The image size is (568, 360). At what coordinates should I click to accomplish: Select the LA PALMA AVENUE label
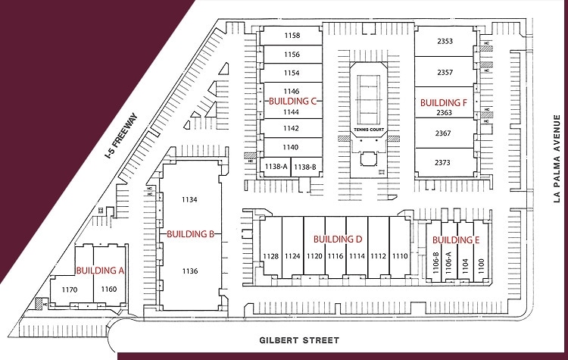pos(556,160)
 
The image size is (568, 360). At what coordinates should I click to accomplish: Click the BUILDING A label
pos(99,271)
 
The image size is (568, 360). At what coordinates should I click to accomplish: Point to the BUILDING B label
pos(190,234)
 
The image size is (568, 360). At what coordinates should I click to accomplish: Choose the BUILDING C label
pos(292,101)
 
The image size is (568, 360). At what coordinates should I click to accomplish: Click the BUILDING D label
pos(338,239)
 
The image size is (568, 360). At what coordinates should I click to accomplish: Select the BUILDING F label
pos(444,102)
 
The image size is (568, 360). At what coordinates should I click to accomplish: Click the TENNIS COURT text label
pos(368,130)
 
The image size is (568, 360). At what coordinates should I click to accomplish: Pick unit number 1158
pos(292,36)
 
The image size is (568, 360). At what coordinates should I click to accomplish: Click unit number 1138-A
pos(275,166)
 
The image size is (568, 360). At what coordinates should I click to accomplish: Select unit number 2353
pos(445,42)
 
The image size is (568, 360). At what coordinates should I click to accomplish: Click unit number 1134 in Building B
pos(190,199)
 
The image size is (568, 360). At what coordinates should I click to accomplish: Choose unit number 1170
pos(70,290)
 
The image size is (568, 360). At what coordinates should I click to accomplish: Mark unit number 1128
pos(271,256)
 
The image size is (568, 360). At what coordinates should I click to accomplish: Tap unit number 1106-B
pos(436,263)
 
